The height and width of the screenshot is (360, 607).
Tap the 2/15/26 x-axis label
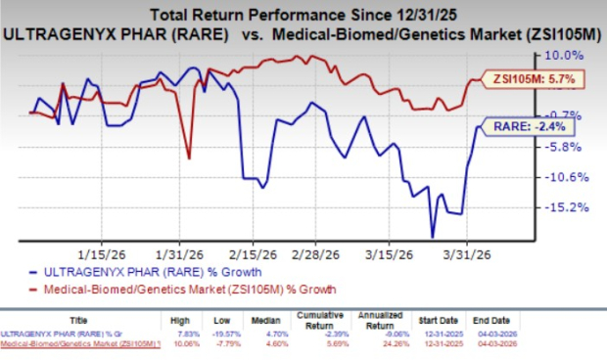[x=250, y=249]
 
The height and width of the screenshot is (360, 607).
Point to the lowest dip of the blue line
[x=432, y=236]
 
